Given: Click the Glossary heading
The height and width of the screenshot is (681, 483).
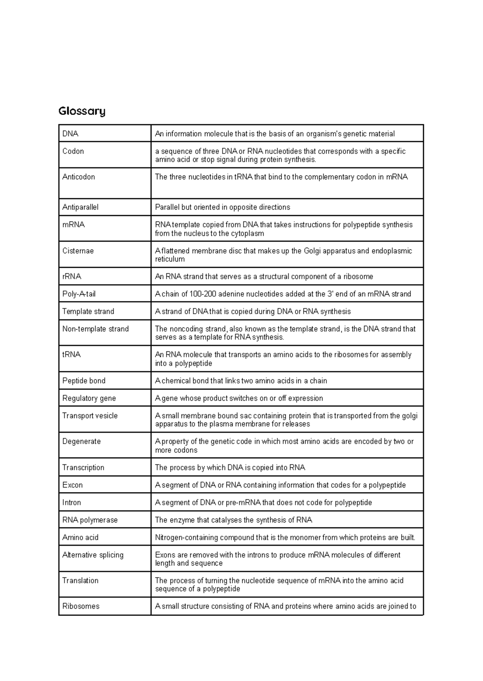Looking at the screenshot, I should (x=82, y=111).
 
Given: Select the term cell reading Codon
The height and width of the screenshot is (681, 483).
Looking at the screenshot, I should (x=73, y=151).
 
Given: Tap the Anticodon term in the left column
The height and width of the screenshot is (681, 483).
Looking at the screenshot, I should (x=78, y=177).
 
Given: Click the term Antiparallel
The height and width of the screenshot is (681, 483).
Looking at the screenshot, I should (x=80, y=207).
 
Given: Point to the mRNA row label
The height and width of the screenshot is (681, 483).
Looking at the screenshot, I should (x=73, y=225).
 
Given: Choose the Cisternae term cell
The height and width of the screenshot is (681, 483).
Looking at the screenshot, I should (x=78, y=251).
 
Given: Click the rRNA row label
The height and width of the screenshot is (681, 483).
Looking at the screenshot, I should (x=72, y=277).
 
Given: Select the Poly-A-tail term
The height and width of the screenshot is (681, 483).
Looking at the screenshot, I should (x=79, y=294).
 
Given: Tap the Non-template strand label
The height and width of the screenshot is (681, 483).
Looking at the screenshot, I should (x=95, y=329).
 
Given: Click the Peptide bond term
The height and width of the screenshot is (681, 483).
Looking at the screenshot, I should (x=84, y=381).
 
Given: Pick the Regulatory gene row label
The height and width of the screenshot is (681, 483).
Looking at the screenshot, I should (x=89, y=398).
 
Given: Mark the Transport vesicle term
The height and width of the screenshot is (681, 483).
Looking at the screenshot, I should (x=90, y=416).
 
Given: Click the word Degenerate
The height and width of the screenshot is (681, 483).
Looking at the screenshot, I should (x=81, y=441).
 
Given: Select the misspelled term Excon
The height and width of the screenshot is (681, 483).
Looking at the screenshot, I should (x=72, y=485).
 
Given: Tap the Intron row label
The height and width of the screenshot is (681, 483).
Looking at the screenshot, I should (x=72, y=503).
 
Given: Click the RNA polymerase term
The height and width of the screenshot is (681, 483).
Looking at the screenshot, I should (x=90, y=520).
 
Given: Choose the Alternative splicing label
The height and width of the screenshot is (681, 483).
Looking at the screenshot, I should (x=93, y=555).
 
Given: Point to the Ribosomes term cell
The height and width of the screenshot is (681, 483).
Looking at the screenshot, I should (x=80, y=606).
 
